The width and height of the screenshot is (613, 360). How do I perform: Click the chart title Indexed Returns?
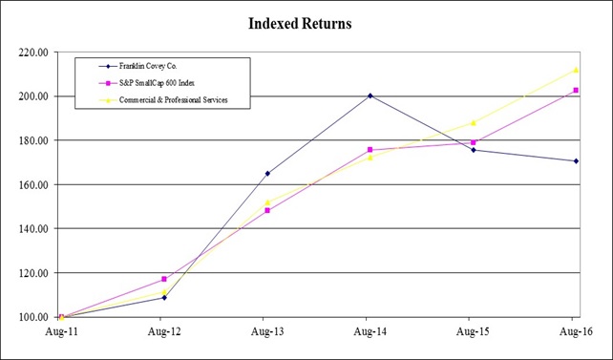point(301,23)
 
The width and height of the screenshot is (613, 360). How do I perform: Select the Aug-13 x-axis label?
point(265,332)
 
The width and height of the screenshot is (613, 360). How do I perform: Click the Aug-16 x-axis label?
point(573,332)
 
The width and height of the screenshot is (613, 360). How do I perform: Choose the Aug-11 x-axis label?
point(60,332)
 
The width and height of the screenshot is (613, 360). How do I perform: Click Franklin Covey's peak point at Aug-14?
point(369,95)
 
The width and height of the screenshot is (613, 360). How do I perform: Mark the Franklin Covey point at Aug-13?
point(266,174)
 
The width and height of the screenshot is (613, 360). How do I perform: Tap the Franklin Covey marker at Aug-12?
point(164,297)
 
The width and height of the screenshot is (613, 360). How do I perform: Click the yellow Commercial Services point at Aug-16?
point(575,70)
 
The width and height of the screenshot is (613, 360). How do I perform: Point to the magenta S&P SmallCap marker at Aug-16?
point(575,91)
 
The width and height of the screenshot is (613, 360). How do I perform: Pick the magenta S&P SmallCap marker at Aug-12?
point(164,279)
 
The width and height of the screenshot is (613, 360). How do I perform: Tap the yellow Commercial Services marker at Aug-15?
point(472,122)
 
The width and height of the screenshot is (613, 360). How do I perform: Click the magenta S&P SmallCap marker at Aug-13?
point(266,210)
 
